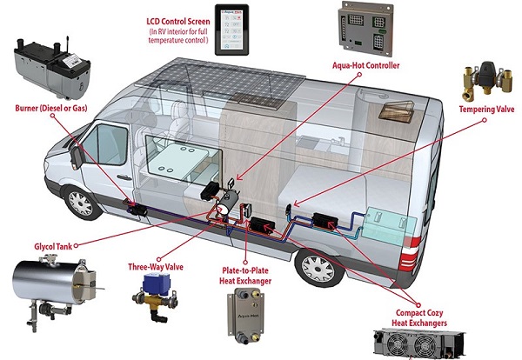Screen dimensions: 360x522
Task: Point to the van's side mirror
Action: pyautogui.click(x=77, y=157)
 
